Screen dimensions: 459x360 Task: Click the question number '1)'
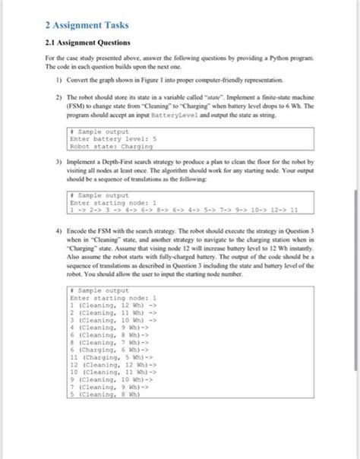pyautogui.click(x=57, y=79)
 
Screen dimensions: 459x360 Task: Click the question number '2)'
pyautogui.click(x=57, y=98)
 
